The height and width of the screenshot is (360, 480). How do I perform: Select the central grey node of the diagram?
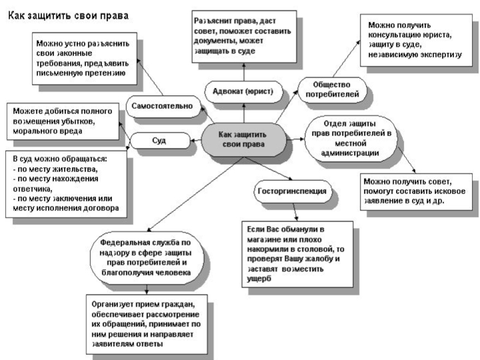[x=244, y=139]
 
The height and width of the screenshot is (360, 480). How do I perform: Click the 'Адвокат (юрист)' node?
[x=243, y=91]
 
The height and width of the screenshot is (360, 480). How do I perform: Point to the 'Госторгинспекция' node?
[x=292, y=191]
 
